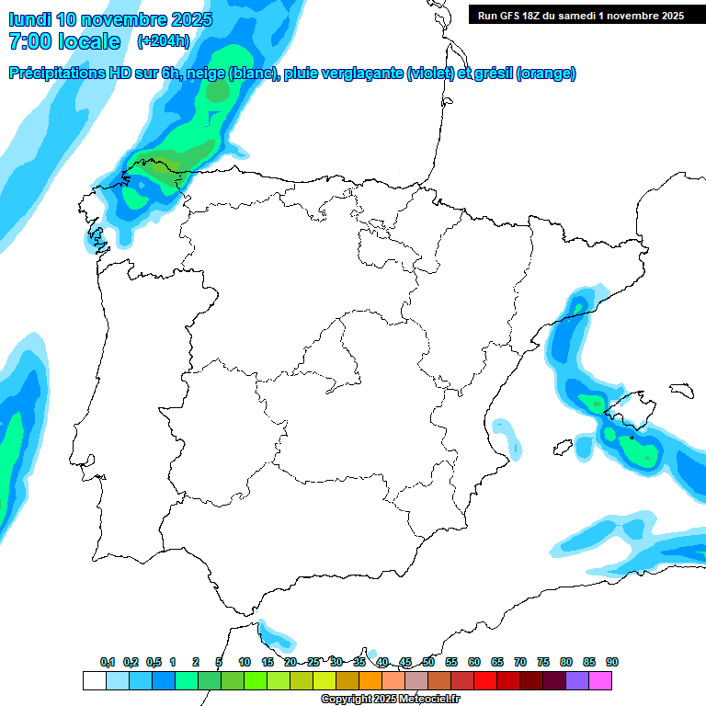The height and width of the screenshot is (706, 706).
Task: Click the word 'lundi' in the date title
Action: (29, 19)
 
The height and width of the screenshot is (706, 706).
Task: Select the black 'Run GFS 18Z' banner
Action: (581, 15)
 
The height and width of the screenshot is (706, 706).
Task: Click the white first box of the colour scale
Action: (94, 681)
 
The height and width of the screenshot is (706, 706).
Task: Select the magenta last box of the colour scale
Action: (600, 681)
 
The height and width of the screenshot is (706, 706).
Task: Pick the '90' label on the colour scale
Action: (612, 662)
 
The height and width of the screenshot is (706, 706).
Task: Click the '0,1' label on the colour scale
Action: (108, 662)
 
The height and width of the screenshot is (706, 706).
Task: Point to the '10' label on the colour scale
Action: (245, 662)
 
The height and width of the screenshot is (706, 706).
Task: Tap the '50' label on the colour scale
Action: (428, 662)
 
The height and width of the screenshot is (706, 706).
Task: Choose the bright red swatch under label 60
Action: (484, 681)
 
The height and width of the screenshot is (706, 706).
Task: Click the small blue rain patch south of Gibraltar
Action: (274, 634)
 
